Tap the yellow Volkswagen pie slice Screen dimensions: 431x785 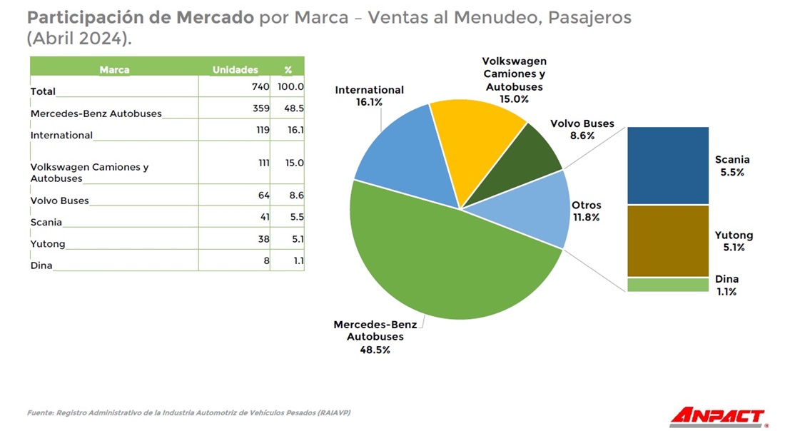pos(478,143)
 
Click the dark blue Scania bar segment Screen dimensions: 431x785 pos(667,166)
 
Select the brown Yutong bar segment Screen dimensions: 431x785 pos(667,240)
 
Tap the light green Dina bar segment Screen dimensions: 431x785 pos(667,285)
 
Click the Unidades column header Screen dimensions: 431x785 pos(235,70)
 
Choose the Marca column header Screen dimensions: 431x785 pos(114,70)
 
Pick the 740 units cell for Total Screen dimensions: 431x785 pos(260,86)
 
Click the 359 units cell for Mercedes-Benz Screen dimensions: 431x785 pos(260,108)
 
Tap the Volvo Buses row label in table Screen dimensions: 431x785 pos(60,201)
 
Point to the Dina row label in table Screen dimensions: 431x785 pos(41,265)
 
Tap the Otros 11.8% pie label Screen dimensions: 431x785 pos(586,211)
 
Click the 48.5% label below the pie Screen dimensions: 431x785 pos(375,350)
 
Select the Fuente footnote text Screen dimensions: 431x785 pos(189,412)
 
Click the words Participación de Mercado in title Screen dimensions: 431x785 pos(140,17)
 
